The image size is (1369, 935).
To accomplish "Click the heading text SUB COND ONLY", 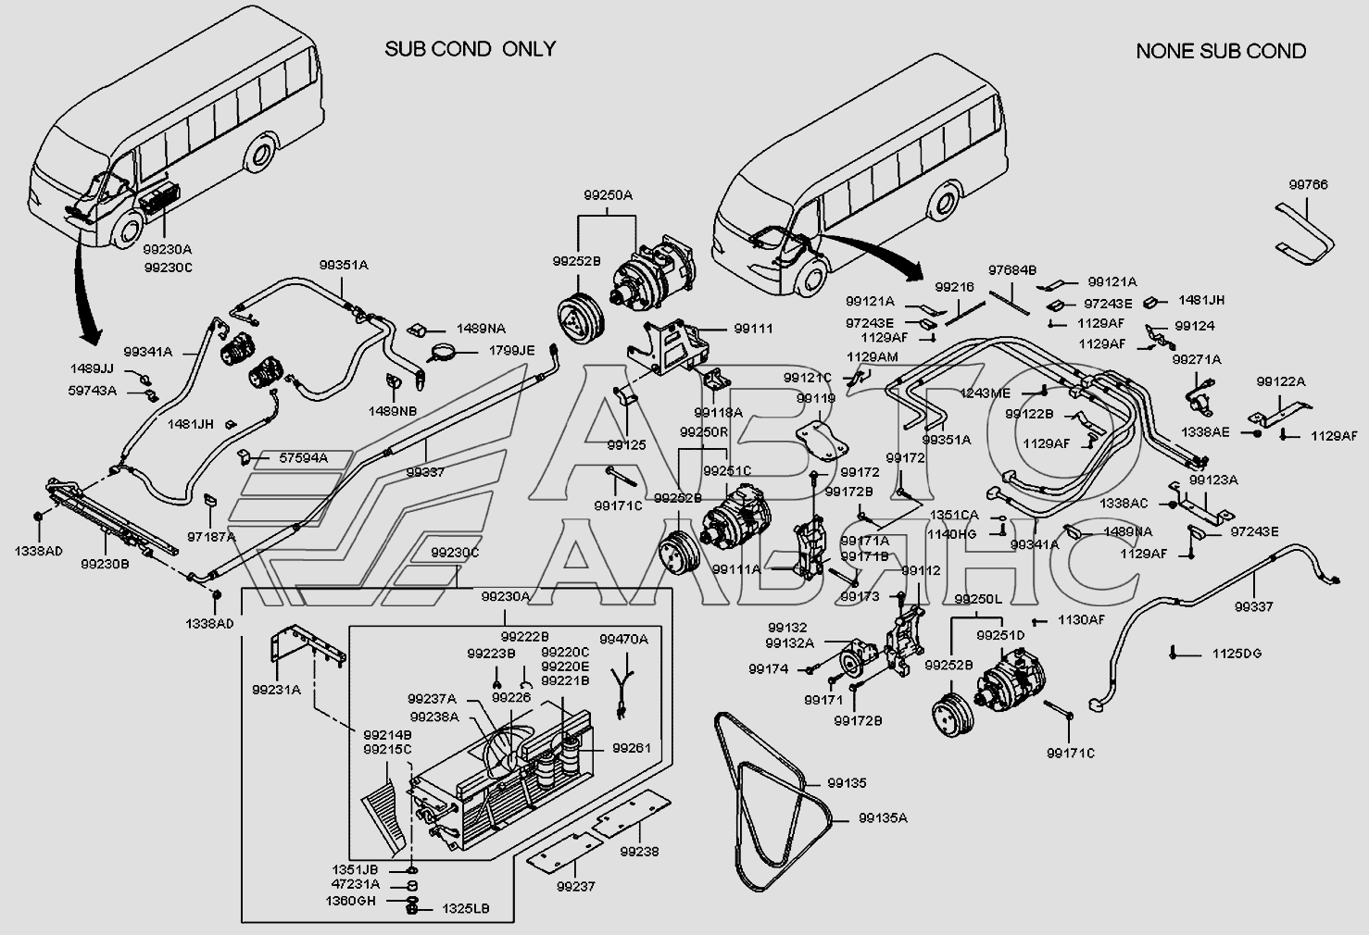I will click(x=470, y=49).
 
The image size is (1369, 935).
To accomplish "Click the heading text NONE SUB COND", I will click(x=1221, y=51).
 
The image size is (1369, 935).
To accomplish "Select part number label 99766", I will click(x=1308, y=184).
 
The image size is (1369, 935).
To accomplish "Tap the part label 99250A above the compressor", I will click(x=608, y=195).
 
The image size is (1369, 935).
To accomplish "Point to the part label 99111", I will click(x=753, y=329).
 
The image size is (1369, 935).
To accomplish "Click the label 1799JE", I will click(x=512, y=351).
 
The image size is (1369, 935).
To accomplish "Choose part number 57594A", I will click(x=304, y=457).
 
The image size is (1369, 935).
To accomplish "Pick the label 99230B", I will click(x=105, y=563).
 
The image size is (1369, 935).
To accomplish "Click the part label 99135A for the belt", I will click(x=883, y=817).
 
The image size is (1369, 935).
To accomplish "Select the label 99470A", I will click(x=623, y=639).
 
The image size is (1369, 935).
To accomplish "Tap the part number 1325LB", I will click(x=465, y=908).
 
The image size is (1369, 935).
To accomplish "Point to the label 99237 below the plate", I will click(x=575, y=887).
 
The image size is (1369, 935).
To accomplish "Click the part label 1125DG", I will click(x=1237, y=654).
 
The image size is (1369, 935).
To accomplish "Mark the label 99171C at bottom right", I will click(x=1071, y=753).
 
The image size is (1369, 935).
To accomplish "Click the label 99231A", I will click(x=276, y=690).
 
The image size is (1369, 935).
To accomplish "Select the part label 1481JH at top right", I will click(x=1201, y=300).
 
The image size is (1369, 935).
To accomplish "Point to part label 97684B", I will click(x=1012, y=269).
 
